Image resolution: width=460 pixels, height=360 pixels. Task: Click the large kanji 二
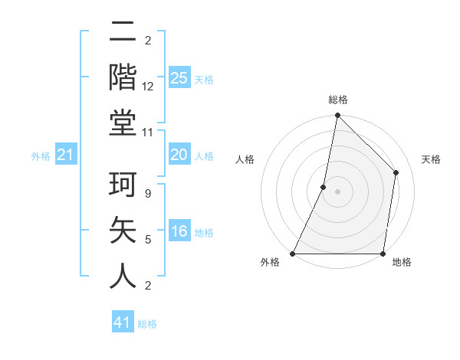tap(123, 33)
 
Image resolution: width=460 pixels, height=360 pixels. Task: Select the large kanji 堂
tap(123, 123)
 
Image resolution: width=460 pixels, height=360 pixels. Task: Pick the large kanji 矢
tap(123, 231)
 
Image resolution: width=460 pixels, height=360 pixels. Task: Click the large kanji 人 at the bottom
tap(123, 276)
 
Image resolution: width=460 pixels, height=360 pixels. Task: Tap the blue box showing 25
tap(179, 77)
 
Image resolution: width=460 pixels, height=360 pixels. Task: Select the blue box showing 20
tap(179, 155)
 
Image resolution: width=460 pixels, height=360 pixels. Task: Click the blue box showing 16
tap(179, 231)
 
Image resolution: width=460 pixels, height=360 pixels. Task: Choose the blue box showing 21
tap(66, 155)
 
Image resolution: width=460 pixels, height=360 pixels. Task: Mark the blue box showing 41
tap(123, 322)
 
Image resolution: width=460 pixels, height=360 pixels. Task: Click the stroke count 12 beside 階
tap(149, 87)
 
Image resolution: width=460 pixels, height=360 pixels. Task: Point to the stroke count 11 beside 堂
tap(148, 132)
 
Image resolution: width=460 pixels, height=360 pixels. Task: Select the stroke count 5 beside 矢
tap(148, 240)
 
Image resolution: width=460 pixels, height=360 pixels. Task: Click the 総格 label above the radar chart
tap(337, 100)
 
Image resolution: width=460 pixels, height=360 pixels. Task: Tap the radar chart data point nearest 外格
tap(293, 253)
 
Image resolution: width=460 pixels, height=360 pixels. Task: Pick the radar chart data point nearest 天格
tap(396, 172)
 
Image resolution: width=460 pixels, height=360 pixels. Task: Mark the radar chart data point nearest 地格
tap(382, 253)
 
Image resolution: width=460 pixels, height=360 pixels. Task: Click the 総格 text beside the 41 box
tap(147, 324)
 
